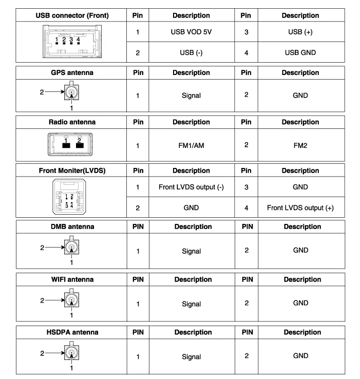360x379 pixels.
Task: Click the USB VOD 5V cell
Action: click(x=191, y=32)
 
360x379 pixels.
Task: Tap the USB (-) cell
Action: click(x=191, y=52)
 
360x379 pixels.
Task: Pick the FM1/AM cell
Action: click(x=191, y=145)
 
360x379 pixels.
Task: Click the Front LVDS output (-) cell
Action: click(x=191, y=187)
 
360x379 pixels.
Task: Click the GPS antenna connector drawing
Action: click(x=71, y=93)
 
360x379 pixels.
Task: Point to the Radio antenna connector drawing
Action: click(x=72, y=144)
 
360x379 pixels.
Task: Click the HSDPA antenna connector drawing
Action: click(x=71, y=353)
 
